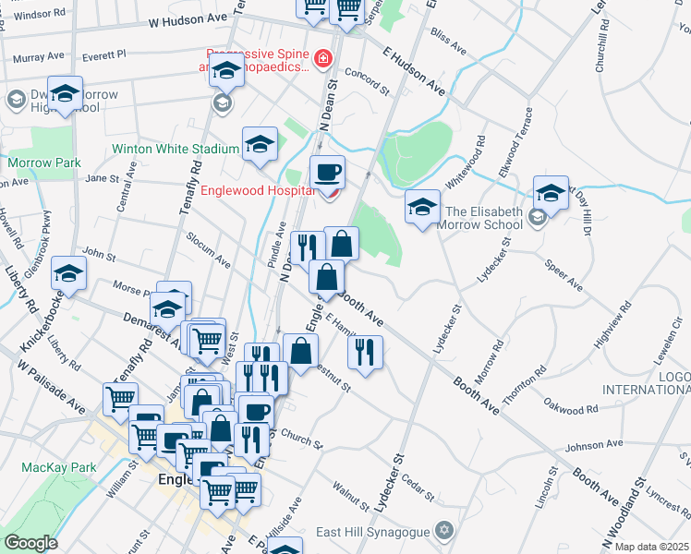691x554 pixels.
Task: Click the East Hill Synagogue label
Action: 374,530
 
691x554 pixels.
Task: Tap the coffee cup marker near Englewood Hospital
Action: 326,173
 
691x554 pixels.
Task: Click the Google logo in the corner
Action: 30,543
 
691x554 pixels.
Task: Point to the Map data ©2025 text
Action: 652,547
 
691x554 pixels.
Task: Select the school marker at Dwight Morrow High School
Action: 66,92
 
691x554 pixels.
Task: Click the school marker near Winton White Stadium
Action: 261,143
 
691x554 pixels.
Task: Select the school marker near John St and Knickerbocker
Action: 68,272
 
